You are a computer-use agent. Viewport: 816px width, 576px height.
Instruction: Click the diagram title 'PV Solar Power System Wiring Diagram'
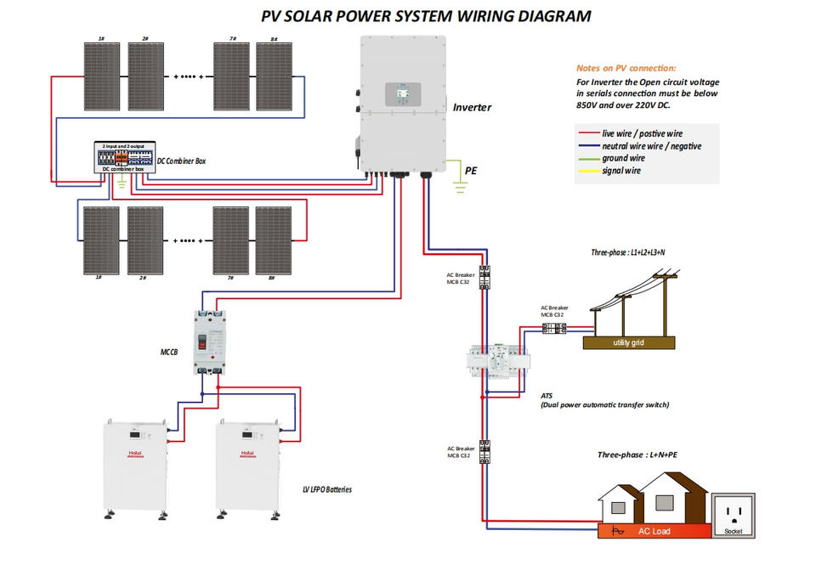click(425, 15)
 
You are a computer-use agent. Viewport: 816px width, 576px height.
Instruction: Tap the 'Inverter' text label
click(472, 108)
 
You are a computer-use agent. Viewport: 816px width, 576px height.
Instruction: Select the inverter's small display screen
click(400, 93)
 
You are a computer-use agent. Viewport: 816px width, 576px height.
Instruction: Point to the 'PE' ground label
click(471, 171)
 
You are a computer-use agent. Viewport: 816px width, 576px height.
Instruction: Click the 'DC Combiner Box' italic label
click(182, 161)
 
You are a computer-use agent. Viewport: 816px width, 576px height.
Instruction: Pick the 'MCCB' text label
click(170, 351)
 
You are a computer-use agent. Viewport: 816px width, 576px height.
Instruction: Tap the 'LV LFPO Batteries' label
click(326, 490)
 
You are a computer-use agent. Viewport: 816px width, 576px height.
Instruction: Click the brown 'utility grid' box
click(629, 342)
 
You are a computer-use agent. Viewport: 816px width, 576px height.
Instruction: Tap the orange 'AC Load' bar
click(654, 532)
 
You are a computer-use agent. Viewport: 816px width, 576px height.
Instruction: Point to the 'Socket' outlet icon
click(733, 513)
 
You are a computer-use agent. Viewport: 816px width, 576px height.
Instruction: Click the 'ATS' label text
click(547, 396)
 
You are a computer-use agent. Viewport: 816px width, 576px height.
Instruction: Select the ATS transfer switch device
click(496, 363)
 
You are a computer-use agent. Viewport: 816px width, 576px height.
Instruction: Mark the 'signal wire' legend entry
click(620, 172)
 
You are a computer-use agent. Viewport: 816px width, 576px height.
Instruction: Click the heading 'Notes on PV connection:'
click(626, 68)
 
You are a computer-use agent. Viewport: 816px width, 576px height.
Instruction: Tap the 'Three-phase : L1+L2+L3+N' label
click(629, 253)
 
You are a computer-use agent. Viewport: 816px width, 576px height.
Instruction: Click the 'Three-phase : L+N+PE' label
click(637, 455)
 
